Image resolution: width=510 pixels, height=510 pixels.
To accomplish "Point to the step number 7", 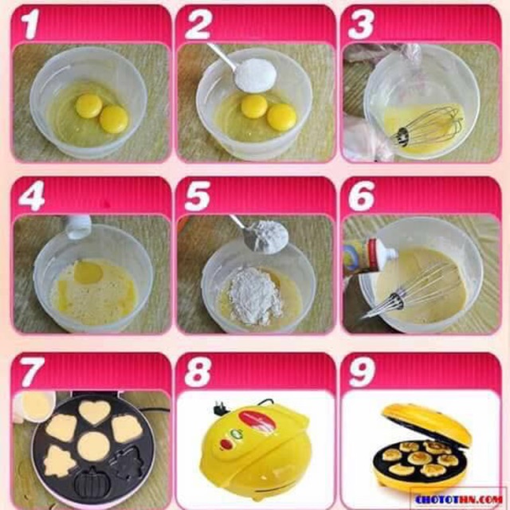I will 29,371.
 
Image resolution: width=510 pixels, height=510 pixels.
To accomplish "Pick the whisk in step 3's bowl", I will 430,127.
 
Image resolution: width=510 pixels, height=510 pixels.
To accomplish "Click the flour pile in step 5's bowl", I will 253,296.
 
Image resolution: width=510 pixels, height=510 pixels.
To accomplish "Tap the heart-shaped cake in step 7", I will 94,412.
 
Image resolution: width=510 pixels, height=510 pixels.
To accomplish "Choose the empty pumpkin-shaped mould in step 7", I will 94,482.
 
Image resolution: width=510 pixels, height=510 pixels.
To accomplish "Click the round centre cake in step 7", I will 94,446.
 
